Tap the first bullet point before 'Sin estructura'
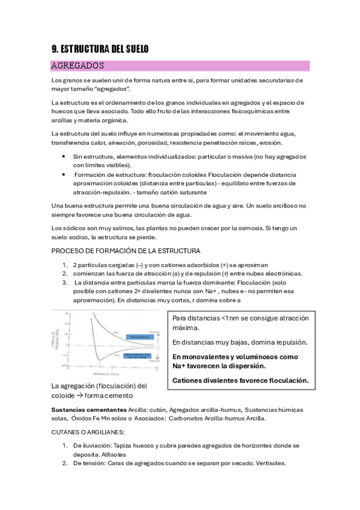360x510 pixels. (64, 156)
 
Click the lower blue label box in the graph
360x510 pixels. (142, 356)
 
